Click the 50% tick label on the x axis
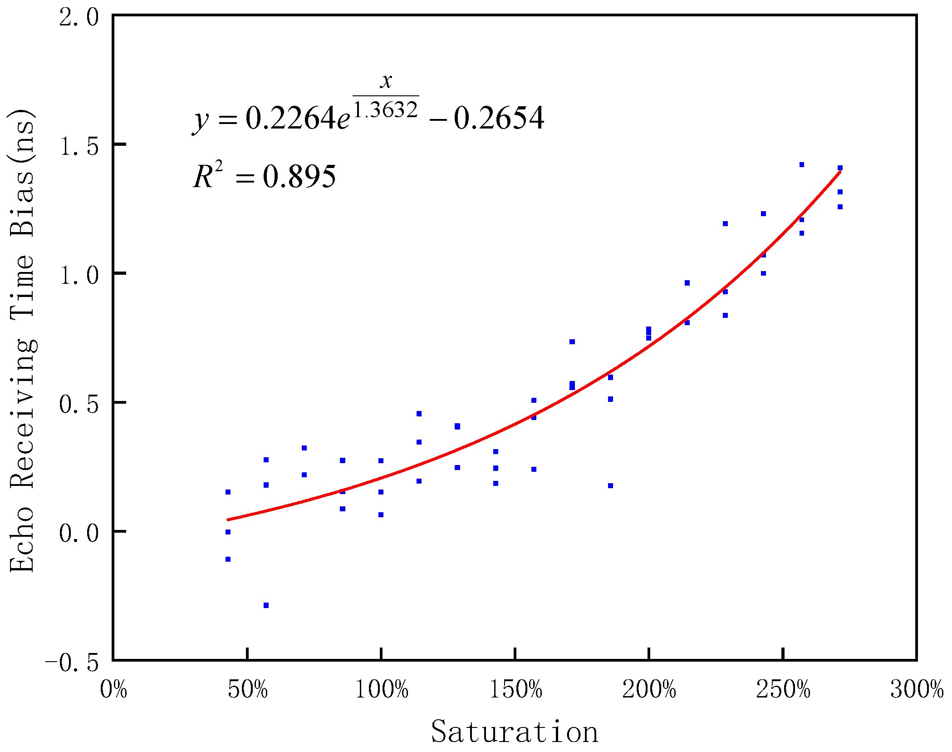point(247,689)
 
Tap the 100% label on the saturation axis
point(381,689)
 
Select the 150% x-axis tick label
point(515,689)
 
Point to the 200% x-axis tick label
point(649,689)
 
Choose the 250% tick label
point(783,689)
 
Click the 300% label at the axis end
point(917,689)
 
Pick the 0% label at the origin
point(113,689)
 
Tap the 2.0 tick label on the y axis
point(79,18)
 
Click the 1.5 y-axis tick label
point(79,146)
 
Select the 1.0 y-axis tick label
point(79,275)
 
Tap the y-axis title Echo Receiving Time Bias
point(22,341)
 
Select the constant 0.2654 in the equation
point(499,119)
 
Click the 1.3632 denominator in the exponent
point(386,109)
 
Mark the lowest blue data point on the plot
point(266,605)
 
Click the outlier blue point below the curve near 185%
point(610,485)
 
